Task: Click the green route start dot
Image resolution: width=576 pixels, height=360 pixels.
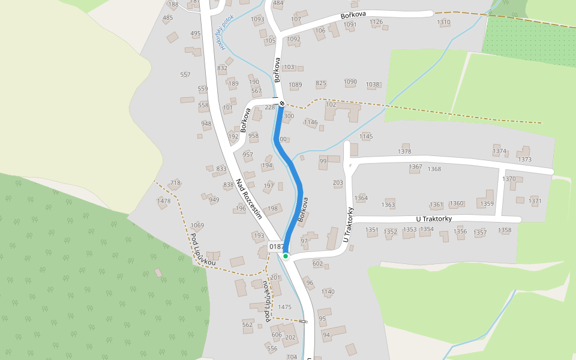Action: point(286,256)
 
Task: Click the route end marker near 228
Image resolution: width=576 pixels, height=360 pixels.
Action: point(281,103)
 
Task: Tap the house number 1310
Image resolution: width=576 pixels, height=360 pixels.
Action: point(444,22)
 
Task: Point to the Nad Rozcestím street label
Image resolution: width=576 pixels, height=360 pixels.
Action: point(249,199)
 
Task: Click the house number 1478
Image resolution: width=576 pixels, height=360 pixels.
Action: point(163,201)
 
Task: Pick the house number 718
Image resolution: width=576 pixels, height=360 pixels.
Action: point(175,183)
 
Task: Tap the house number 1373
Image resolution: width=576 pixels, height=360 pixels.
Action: point(525,160)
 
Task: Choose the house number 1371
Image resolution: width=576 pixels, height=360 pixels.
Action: point(535,201)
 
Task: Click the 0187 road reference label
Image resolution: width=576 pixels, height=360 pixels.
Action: point(277,247)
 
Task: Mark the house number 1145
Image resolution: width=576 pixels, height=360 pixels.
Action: point(366,137)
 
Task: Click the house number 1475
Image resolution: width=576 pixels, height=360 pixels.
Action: point(285,307)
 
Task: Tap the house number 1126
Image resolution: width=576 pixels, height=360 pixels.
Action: point(376,22)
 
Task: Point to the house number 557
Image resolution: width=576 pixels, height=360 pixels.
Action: point(185,75)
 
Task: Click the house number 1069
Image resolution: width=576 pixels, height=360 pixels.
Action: point(197,226)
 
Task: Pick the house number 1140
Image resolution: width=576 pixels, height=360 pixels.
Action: point(328,292)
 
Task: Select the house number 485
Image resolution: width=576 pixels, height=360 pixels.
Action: point(168,18)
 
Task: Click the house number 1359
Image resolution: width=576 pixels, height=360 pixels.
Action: point(487,204)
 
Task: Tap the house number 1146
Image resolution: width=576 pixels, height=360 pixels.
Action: point(311,122)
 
